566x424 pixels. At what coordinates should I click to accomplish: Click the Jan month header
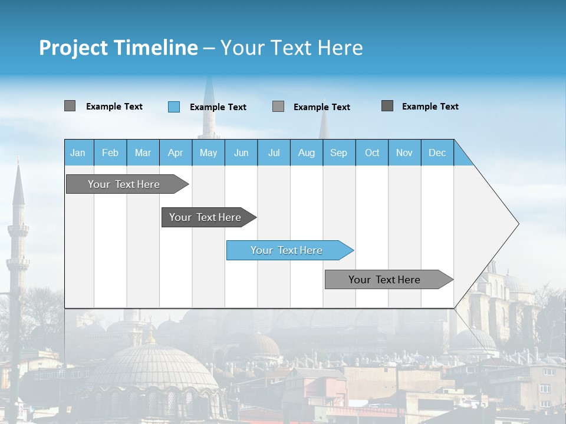(78, 153)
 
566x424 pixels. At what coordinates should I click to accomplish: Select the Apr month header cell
(176, 153)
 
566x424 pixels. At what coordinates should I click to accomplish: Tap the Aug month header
(307, 153)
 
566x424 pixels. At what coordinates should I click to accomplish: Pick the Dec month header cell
(437, 153)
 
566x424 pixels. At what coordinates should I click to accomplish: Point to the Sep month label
(339, 153)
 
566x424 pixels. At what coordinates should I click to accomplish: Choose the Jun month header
(241, 153)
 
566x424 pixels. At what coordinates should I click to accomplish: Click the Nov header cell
(404, 153)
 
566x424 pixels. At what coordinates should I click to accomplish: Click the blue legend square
(174, 107)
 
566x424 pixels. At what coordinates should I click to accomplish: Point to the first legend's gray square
(70, 106)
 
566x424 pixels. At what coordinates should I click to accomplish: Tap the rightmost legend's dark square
(387, 106)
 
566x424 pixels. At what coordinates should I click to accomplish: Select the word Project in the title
(73, 48)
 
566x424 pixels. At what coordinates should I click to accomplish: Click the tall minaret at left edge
(18, 247)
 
